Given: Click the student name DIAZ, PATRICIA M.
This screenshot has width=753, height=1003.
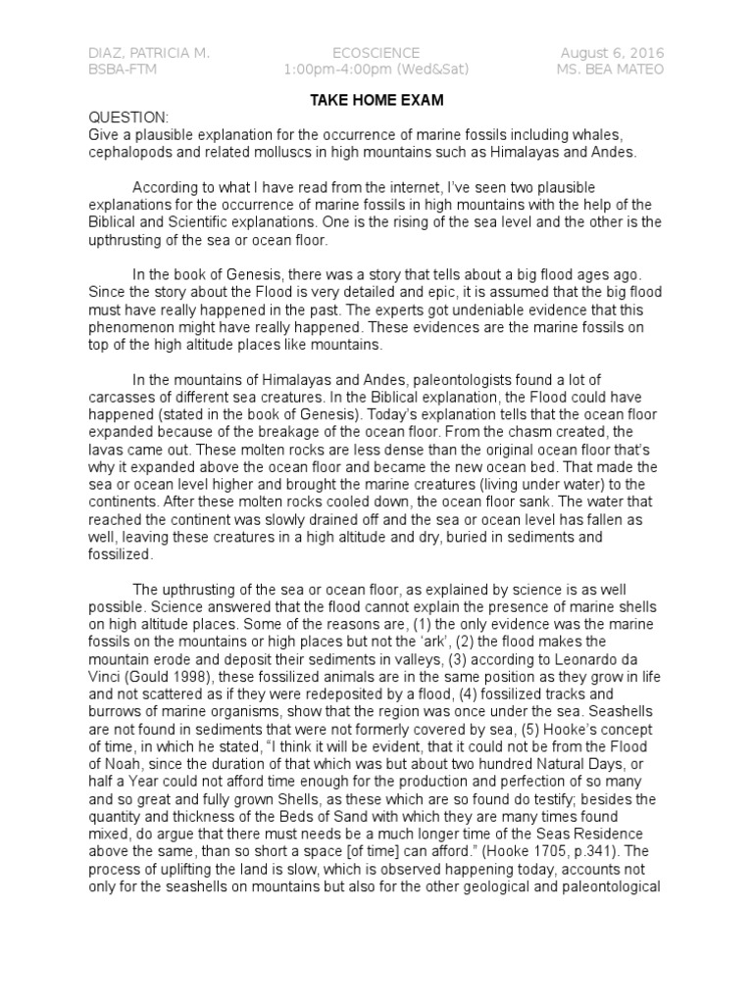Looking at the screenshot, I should (x=148, y=52).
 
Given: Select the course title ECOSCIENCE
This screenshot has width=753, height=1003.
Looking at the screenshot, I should (x=376, y=52).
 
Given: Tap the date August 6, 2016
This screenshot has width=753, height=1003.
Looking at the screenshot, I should (x=612, y=52).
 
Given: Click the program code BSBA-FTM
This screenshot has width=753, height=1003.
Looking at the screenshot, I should (x=122, y=70).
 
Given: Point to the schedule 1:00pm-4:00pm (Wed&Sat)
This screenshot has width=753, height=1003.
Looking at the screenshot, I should (x=376, y=70).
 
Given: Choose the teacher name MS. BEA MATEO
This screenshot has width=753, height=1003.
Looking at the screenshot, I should (x=610, y=70).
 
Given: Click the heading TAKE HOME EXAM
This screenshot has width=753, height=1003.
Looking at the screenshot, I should (x=376, y=100).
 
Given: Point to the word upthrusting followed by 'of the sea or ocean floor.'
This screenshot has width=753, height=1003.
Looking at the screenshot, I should (x=128, y=240).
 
